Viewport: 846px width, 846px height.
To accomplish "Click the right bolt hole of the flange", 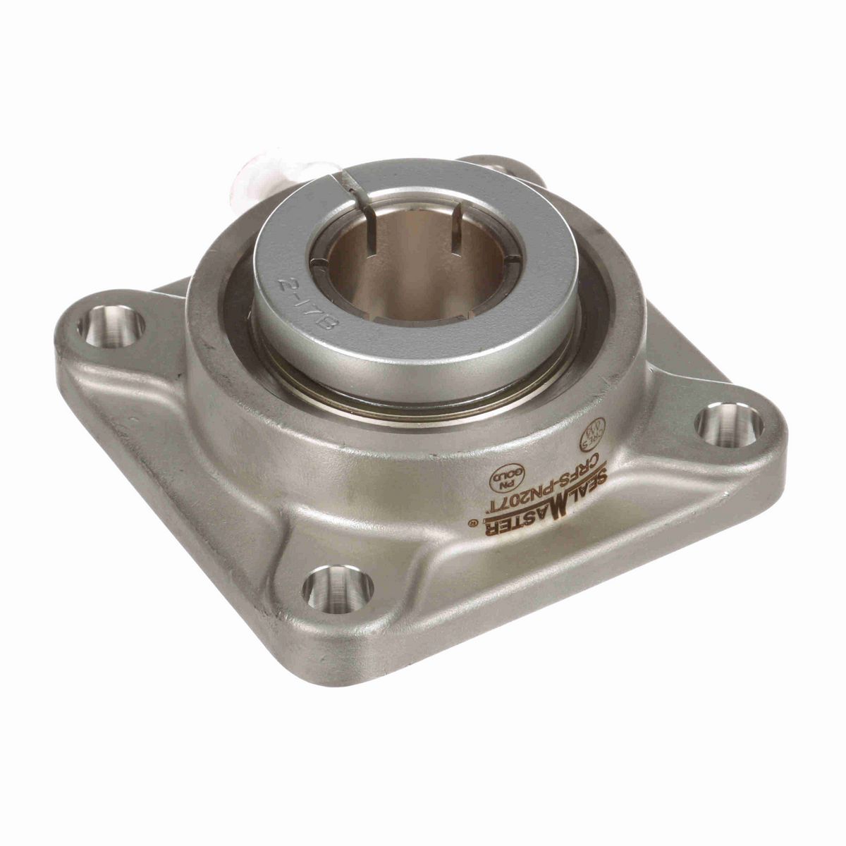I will pyautogui.click(x=729, y=426).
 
